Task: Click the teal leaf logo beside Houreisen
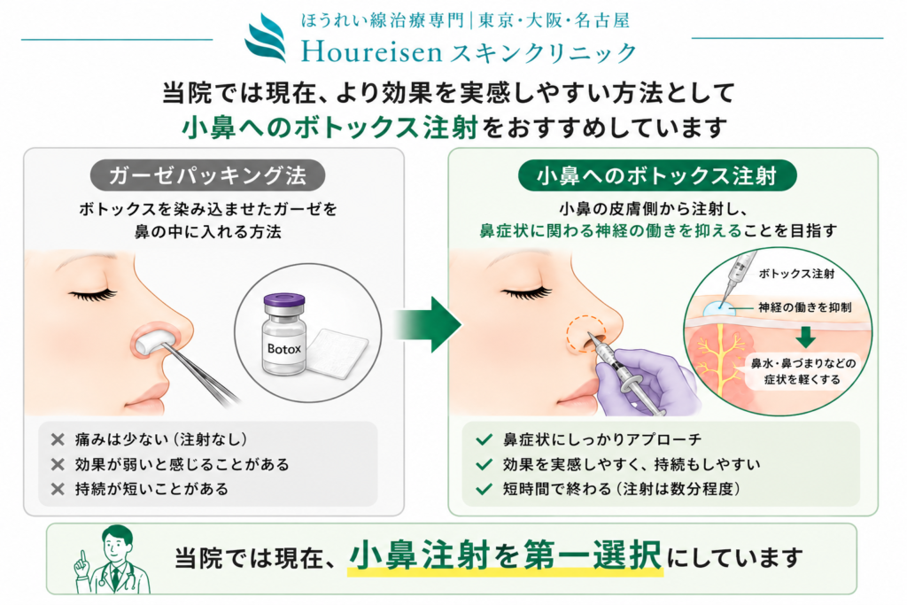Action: [x=266, y=37]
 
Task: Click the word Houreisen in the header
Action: [x=372, y=52]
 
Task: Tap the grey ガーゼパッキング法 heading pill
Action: [x=207, y=175]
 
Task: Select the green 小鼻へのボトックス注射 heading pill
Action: [x=657, y=175]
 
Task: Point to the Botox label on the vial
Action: [x=284, y=349]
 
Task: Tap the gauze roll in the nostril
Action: [x=151, y=341]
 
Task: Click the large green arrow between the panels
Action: [x=428, y=324]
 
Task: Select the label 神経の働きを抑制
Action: [x=804, y=307]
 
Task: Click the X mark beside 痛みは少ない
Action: [x=58, y=439]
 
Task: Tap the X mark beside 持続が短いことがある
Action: [x=58, y=489]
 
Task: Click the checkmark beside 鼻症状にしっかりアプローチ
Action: [x=484, y=439]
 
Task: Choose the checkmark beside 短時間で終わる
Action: [x=484, y=489]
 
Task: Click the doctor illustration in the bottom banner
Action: [x=111, y=560]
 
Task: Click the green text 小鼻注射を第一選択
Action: [x=505, y=555]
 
